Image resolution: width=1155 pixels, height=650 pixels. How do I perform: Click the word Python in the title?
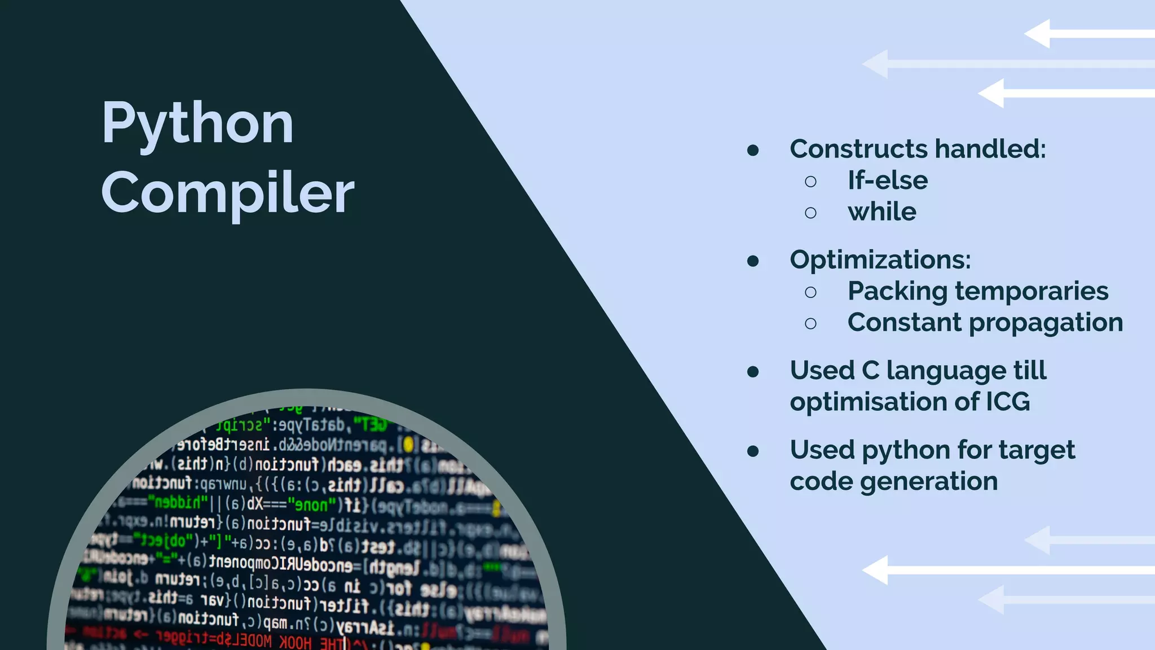coord(197,123)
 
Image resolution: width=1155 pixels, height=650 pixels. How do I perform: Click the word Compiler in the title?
coord(228,193)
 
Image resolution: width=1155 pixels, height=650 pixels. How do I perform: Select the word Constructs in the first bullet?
coord(858,149)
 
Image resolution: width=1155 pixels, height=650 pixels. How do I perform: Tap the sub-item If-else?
coord(888,181)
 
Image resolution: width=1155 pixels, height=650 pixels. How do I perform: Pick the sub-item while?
coord(882,212)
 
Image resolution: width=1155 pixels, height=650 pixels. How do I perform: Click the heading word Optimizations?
coord(880,260)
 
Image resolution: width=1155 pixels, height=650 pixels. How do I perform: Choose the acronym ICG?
coord(1007,402)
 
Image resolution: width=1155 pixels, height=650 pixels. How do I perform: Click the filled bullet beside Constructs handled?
coord(753,150)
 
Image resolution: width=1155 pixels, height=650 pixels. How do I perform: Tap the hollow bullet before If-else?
coord(810,182)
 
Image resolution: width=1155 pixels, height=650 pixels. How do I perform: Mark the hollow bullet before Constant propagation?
coord(810,324)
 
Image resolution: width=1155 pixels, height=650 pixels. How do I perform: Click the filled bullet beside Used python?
coord(753,451)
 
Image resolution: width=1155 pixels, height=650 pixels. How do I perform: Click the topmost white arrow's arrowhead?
coord(1038,34)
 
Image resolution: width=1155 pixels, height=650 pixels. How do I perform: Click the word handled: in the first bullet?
coord(990,149)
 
